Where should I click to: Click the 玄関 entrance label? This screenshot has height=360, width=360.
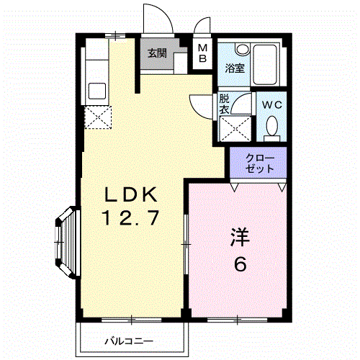[x=157, y=53]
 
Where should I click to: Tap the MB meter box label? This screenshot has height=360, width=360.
[x=203, y=53]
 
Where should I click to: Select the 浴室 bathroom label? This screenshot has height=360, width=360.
[x=234, y=69]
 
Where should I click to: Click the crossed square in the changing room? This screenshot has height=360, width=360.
[x=234, y=130]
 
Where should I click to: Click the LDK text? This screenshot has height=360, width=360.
[x=132, y=195]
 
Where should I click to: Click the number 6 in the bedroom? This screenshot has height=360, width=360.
[x=240, y=264]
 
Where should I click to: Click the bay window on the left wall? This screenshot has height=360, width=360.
[x=64, y=243]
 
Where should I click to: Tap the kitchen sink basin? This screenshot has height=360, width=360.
[x=96, y=91]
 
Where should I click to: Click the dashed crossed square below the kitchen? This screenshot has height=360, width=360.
[x=98, y=117]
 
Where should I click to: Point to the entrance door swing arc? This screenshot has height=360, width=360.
[x=157, y=18]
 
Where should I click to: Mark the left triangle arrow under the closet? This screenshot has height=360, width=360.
[x=233, y=186]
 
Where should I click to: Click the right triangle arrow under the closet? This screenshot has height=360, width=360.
[x=282, y=186]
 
